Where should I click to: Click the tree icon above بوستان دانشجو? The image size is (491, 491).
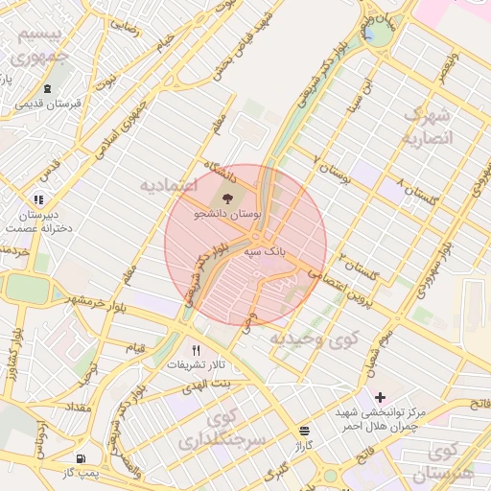(240, 199)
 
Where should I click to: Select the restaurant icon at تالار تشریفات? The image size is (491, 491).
(197, 351)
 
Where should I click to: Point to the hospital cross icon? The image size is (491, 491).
(381, 397)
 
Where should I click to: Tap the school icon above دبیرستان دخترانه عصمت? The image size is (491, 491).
(38, 199)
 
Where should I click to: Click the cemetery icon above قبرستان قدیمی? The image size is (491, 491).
(47, 88)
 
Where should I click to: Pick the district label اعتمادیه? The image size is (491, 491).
(168, 183)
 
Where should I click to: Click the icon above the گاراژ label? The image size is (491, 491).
(305, 431)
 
